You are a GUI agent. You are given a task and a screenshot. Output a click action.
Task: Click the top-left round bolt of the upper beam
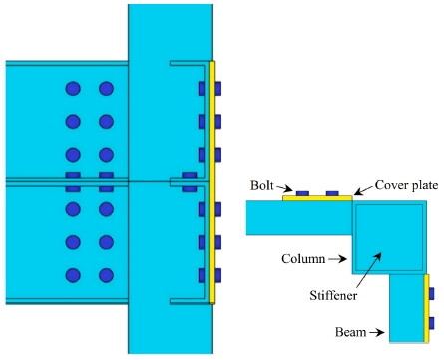click(73, 89)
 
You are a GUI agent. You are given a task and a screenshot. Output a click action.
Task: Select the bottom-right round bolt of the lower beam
click(106, 275)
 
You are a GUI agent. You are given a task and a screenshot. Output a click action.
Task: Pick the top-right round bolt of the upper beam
click(106, 89)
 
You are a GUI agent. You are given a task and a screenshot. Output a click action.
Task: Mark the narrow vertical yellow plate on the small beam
click(428, 306)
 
